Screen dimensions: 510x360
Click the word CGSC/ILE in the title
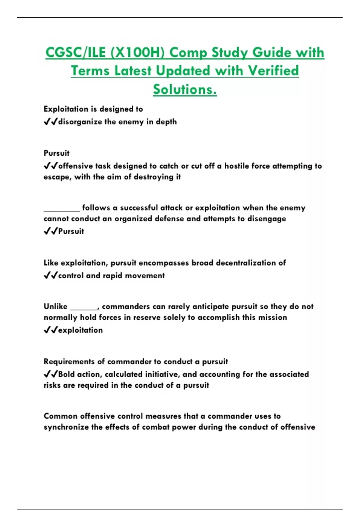coord(76,53)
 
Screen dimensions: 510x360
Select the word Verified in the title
coord(273,71)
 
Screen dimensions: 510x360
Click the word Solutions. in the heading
coord(185,89)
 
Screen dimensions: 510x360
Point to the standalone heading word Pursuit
coord(56,153)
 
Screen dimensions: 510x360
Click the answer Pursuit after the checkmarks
coord(71,231)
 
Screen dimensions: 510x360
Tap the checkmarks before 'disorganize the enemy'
coord(50,122)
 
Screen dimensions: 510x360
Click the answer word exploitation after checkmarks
coord(80,330)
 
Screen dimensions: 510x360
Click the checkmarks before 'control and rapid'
coord(50,275)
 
